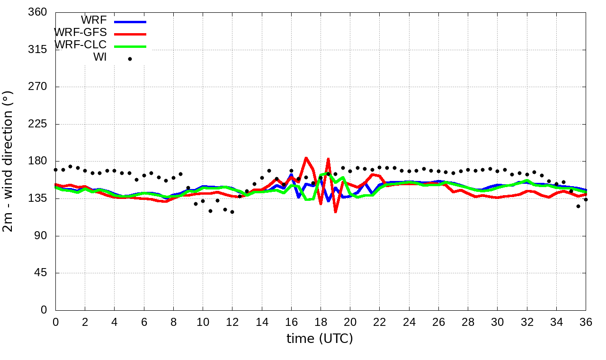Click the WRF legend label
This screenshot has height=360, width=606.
(x=94, y=20)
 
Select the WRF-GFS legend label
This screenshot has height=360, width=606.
(x=80, y=33)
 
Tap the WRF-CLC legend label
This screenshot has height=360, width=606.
(x=80, y=45)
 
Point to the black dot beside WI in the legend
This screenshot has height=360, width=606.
(x=130, y=59)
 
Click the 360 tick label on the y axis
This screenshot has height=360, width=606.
(x=38, y=12)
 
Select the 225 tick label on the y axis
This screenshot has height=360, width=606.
(x=38, y=124)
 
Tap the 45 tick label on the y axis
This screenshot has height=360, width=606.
(x=41, y=273)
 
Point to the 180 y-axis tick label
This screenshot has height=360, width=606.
(x=38, y=161)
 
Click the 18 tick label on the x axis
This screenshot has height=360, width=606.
(x=321, y=322)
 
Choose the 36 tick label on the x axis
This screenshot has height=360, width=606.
(x=586, y=322)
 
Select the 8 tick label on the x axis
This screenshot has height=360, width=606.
(x=173, y=322)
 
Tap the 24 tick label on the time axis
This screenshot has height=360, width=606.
(x=409, y=322)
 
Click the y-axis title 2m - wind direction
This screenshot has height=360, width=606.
(x=9, y=161)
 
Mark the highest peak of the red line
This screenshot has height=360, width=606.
(x=306, y=158)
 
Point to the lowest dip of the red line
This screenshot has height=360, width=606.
(x=335, y=212)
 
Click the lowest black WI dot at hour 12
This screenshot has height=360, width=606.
(x=232, y=212)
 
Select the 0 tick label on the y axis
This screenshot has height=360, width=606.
(x=44, y=310)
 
